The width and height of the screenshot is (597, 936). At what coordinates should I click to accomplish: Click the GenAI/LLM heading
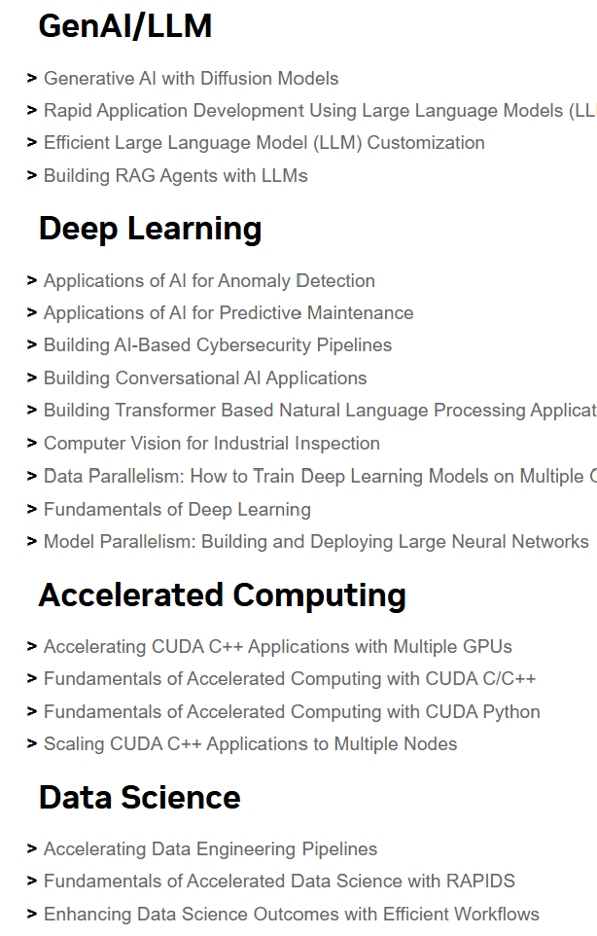click(124, 26)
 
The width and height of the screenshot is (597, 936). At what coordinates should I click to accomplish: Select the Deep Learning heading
click(150, 229)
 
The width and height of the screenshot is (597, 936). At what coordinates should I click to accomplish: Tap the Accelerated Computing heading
click(222, 594)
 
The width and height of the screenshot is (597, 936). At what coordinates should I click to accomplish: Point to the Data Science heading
click(139, 797)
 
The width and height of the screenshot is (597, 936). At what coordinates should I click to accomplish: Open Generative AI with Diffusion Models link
click(191, 78)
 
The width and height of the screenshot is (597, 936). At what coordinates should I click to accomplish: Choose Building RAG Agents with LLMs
click(175, 175)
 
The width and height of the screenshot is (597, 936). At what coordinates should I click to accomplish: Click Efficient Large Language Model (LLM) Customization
click(263, 143)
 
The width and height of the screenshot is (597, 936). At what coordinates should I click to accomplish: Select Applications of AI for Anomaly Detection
click(209, 280)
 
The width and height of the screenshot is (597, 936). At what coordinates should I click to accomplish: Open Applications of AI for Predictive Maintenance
click(228, 313)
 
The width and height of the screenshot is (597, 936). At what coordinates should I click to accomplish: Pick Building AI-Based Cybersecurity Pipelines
click(218, 345)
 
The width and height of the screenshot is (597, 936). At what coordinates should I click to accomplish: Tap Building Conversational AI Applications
click(205, 378)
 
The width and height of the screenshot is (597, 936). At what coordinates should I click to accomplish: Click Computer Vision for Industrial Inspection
click(212, 444)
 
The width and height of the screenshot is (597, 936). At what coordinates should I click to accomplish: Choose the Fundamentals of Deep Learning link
click(177, 509)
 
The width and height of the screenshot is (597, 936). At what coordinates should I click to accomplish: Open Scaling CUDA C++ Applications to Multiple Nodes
click(250, 744)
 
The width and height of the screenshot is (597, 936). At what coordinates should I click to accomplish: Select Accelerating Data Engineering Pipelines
click(210, 849)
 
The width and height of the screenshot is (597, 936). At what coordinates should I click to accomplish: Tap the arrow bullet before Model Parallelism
click(33, 541)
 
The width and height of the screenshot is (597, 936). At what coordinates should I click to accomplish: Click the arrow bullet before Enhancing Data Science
click(33, 915)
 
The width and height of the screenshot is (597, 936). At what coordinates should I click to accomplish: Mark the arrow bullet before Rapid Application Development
click(33, 111)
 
